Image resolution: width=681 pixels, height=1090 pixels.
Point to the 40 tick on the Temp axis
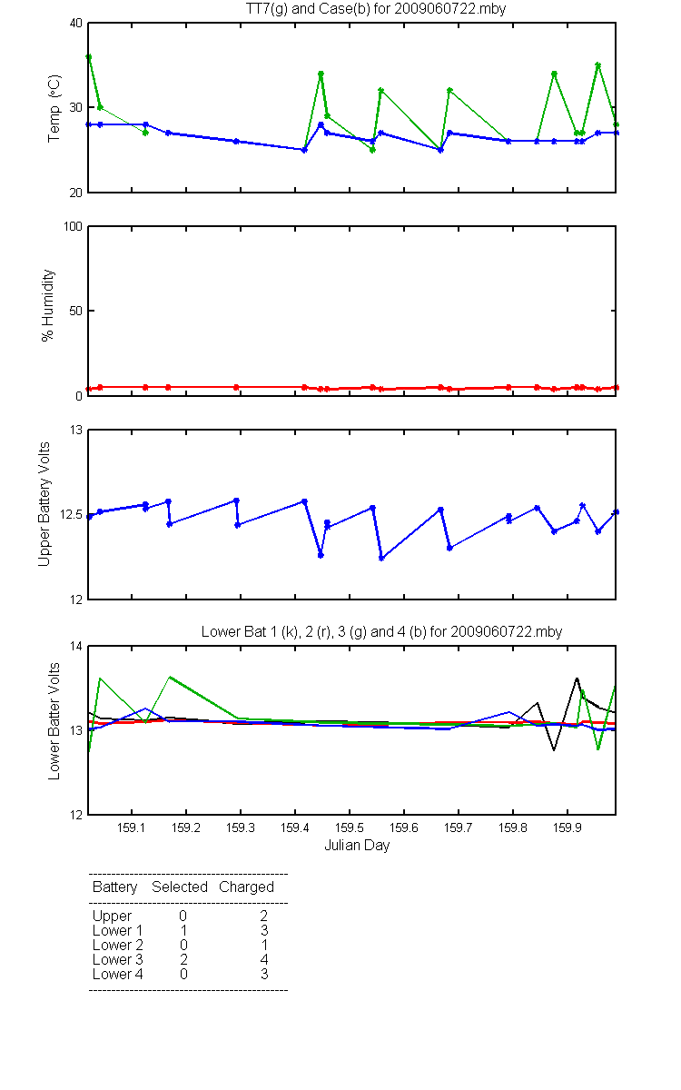[x=76, y=24]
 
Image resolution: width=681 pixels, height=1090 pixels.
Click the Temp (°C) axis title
[x=54, y=108]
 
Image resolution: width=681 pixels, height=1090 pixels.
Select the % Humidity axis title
[x=47, y=305]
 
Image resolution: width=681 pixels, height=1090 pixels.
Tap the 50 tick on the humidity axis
[x=76, y=311]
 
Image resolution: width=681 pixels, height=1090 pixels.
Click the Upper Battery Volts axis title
[x=44, y=504]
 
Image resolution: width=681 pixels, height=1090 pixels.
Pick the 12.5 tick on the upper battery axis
[x=71, y=514]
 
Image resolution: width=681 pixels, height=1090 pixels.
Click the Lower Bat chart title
[x=382, y=631]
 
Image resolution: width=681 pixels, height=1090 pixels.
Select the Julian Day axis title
[x=357, y=846]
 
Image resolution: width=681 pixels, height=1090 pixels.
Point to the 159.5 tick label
[x=350, y=827]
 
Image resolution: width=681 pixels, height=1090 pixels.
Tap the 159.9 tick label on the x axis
[x=567, y=827]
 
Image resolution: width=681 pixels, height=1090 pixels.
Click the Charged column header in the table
[x=247, y=887]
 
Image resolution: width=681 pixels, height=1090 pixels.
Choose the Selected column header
[x=180, y=887]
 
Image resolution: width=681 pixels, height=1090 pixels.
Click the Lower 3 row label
[x=118, y=959]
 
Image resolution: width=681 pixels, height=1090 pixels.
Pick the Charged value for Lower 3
[x=264, y=959]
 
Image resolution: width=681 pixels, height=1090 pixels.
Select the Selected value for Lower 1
[x=183, y=930]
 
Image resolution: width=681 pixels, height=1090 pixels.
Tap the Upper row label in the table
[x=112, y=917]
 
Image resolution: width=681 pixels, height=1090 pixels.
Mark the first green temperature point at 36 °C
[x=89, y=57]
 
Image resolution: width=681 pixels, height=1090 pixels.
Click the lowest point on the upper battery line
[x=381, y=559]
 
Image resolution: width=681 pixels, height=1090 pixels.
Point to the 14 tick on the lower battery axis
[x=76, y=646]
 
